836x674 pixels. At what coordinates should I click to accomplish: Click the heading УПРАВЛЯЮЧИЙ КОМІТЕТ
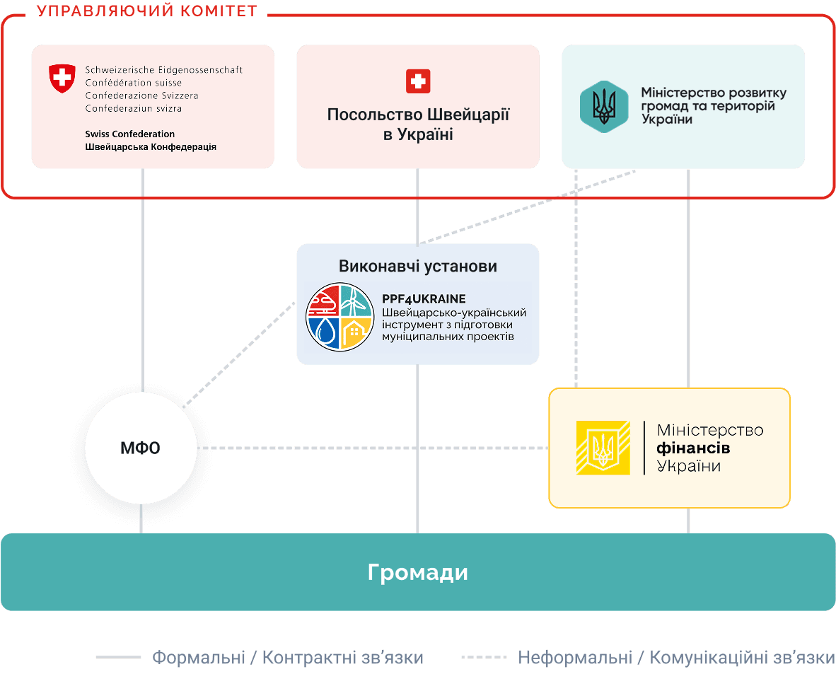pyautogui.click(x=147, y=11)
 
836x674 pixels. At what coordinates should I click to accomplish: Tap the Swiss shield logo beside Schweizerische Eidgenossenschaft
pyautogui.click(x=62, y=79)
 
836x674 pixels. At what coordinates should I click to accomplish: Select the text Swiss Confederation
pyautogui.click(x=130, y=134)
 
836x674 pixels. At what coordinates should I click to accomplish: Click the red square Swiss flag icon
pyautogui.click(x=418, y=81)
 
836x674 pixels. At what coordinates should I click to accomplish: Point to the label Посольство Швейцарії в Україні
pyautogui.click(x=418, y=124)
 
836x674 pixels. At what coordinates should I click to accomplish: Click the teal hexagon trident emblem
pyautogui.click(x=604, y=107)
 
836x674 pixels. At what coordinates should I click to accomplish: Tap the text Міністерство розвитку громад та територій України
pyautogui.click(x=714, y=105)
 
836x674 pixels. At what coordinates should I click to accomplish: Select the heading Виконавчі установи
pyautogui.click(x=418, y=266)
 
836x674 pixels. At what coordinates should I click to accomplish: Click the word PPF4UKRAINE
pyautogui.click(x=424, y=298)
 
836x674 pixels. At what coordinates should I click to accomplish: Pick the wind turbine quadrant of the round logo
pyautogui.click(x=356, y=300)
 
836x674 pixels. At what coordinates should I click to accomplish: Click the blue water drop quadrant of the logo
pyautogui.click(x=324, y=333)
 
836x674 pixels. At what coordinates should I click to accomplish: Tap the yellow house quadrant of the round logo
pyautogui.click(x=356, y=333)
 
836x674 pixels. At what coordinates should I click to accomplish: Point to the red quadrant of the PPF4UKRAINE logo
pyautogui.click(x=324, y=300)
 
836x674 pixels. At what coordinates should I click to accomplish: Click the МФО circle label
pyautogui.click(x=140, y=448)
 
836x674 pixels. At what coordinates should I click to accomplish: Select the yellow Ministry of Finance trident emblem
pyautogui.click(x=603, y=448)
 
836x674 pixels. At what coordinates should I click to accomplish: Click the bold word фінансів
pyautogui.click(x=693, y=448)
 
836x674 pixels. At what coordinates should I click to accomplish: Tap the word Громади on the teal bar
pyautogui.click(x=418, y=572)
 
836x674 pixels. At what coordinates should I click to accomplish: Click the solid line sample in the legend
pyautogui.click(x=118, y=657)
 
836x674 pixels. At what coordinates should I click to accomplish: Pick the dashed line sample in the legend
pyautogui.click(x=484, y=657)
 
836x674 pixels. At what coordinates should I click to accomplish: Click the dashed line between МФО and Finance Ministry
pyautogui.click(x=373, y=448)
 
